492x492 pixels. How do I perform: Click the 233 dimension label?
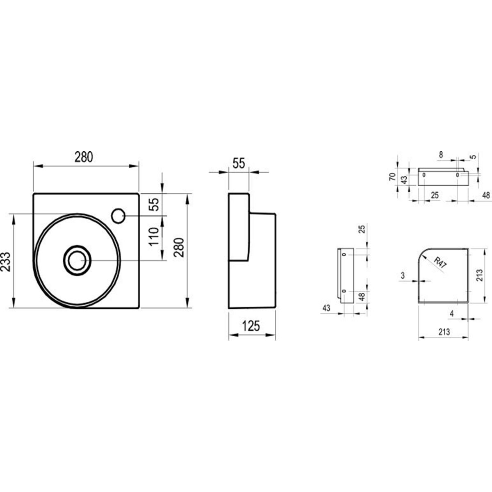(6, 262)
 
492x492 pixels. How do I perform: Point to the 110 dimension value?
(154, 237)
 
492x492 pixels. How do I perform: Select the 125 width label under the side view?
(251, 326)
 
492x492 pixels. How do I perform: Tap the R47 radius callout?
(440, 263)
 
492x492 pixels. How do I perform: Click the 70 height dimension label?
(392, 177)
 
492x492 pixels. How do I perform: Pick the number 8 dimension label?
(441, 155)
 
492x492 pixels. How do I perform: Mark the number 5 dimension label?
(474, 157)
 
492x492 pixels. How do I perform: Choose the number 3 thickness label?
(403, 276)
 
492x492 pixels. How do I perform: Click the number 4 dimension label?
(452, 314)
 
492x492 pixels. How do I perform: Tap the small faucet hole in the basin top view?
(118, 216)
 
